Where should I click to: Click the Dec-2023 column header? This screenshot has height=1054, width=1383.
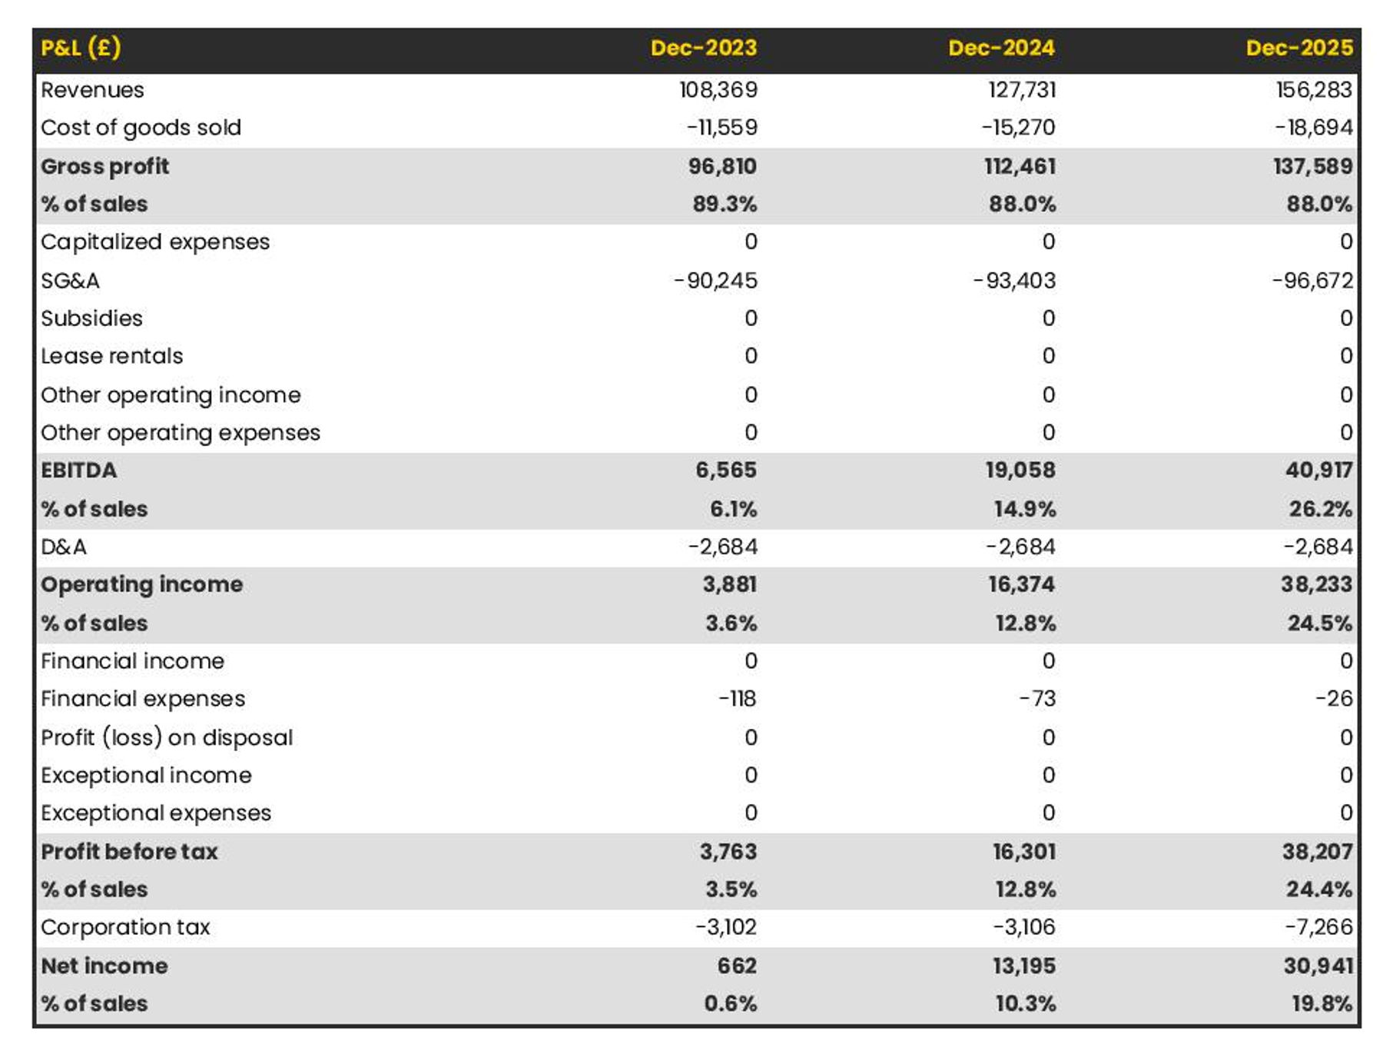(x=703, y=48)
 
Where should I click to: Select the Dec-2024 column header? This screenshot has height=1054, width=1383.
(x=1001, y=48)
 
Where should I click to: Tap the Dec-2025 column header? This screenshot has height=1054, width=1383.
(x=1298, y=48)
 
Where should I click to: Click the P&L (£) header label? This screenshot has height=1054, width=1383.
(x=81, y=48)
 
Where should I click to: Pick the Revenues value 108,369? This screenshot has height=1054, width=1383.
(x=718, y=90)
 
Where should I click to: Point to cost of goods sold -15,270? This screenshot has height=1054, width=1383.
(x=1018, y=128)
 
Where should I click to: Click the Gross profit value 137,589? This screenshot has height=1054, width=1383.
(x=1312, y=166)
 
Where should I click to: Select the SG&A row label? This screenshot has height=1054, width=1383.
(x=70, y=281)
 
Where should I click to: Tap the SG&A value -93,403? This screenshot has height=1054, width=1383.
(x=1014, y=281)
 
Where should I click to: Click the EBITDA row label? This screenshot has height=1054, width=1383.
(x=78, y=470)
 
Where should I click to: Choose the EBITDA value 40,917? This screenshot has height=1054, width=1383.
(x=1318, y=470)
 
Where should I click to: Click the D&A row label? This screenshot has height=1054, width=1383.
(x=64, y=547)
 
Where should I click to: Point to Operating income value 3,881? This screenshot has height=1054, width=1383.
(x=729, y=584)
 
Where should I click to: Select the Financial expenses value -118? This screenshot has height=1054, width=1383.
(x=737, y=699)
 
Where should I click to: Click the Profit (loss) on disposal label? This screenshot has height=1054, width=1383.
(x=167, y=737)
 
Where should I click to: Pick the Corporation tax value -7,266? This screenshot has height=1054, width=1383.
(x=1318, y=927)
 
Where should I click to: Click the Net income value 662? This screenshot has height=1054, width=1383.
(x=736, y=966)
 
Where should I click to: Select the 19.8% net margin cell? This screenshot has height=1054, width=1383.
(x=1322, y=1003)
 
